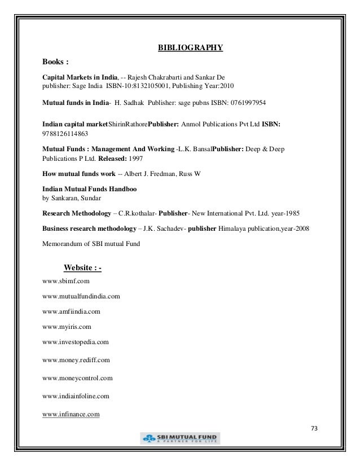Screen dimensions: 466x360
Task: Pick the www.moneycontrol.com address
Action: point(77,377)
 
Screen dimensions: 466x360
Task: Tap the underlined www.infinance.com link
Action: point(71,415)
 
